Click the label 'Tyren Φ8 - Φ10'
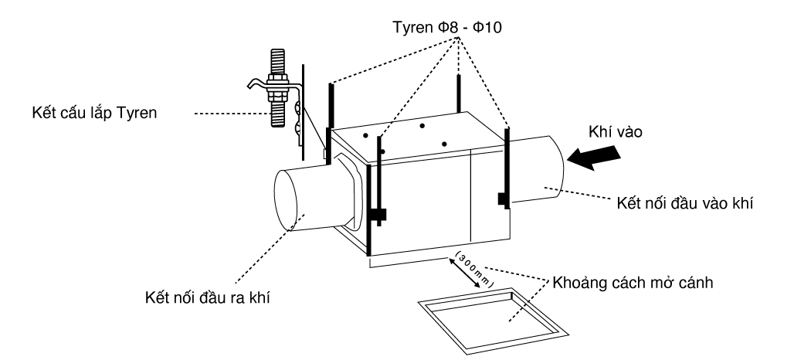[447, 27]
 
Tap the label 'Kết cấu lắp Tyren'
[94, 113]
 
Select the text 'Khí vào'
[615, 131]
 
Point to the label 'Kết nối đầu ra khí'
[207, 297]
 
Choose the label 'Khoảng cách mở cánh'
[633, 282]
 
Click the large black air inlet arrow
[594, 158]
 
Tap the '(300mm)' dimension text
[474, 269]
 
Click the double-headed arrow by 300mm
[464, 273]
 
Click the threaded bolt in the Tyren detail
[277, 88]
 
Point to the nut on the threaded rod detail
[277, 85]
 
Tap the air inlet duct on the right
[537, 169]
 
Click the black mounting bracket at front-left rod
[378, 215]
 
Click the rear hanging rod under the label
[459, 93]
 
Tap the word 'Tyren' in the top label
[413, 27]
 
